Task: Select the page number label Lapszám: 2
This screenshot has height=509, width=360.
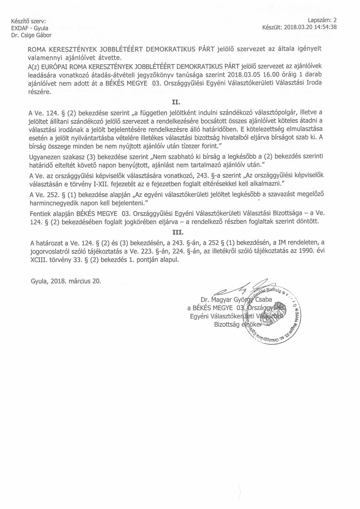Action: coord(322,20)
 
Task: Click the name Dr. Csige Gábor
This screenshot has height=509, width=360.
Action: coord(27,35)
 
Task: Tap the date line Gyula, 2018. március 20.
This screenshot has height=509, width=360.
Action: coord(66,281)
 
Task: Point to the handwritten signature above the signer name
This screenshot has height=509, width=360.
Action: coord(238,289)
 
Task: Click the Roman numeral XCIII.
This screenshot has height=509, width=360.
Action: coord(39,261)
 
